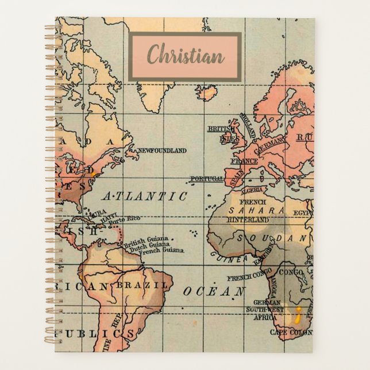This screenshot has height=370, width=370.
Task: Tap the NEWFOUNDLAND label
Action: click(x=162, y=151)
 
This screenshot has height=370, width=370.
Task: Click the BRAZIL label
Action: click(x=143, y=285)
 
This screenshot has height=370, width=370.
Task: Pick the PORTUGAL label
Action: click(x=206, y=179)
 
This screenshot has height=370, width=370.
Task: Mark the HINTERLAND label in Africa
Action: click(x=248, y=219)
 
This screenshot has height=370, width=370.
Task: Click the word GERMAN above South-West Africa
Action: click(x=267, y=303)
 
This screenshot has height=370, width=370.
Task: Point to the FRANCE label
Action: click(x=244, y=161)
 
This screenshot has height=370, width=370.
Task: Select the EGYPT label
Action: click(x=303, y=213)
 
